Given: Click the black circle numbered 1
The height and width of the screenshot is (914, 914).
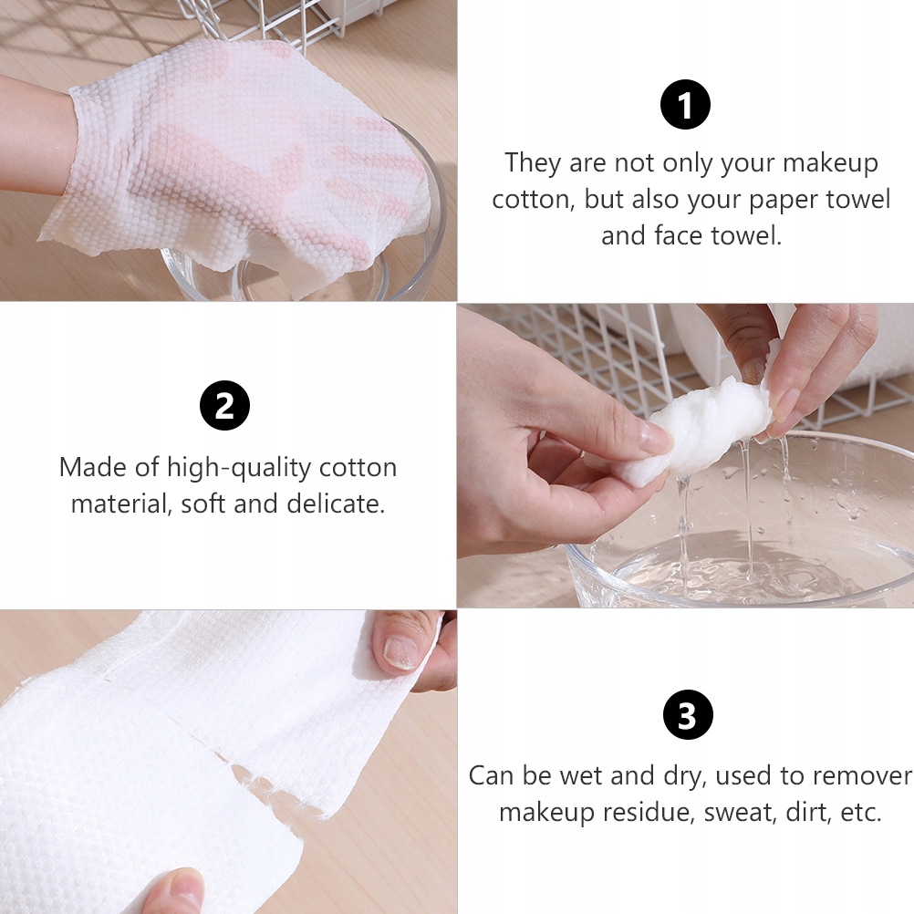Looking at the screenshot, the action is [x=685, y=105].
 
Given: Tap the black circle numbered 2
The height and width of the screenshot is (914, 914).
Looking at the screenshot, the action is [x=224, y=406].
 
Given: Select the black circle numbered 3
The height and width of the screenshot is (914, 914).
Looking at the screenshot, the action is [x=688, y=714].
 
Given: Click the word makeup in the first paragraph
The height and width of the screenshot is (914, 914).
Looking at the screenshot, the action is [x=830, y=162].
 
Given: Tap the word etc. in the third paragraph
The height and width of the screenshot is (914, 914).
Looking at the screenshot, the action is [x=860, y=812].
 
